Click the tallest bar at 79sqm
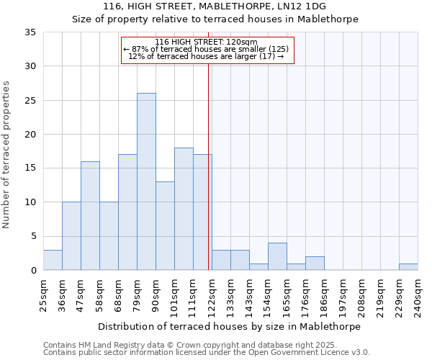coord(146,181)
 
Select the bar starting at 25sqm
coord(53,260)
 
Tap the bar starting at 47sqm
coord(90,216)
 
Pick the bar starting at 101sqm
coord(184,209)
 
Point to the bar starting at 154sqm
coord(277,256)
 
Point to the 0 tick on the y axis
coord(33,271)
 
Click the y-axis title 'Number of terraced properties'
coord(7,155)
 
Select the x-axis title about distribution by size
coord(230,326)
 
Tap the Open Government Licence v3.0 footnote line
coord(207,353)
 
